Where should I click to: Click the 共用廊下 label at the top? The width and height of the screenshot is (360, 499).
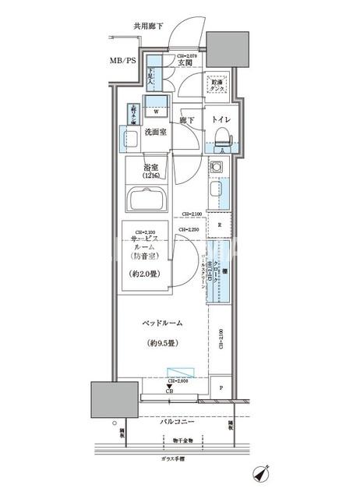(148, 27)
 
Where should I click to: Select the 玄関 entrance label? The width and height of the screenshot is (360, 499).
(185, 64)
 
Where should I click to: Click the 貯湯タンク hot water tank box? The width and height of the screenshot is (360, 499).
(218, 87)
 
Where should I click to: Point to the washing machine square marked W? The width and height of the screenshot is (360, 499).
(157, 110)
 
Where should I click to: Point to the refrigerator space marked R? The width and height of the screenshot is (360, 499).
(220, 225)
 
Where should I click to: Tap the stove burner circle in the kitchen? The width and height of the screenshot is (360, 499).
(217, 168)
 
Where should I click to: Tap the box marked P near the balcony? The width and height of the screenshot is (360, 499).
(221, 388)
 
